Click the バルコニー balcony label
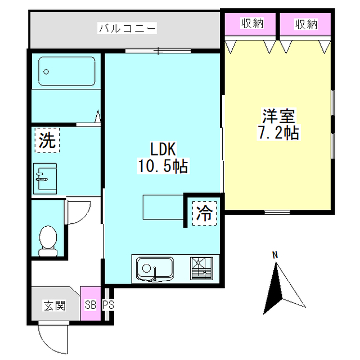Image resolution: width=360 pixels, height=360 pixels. [127, 29]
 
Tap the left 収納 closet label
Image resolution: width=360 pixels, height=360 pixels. [252, 23]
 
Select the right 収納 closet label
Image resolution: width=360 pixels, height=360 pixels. [306, 24]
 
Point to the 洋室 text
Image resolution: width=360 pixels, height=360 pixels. [278, 116]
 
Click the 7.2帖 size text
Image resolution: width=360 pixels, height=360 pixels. [278, 133]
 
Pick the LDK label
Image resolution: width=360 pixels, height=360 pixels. [163, 149]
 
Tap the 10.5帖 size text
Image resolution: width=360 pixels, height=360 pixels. [163, 166]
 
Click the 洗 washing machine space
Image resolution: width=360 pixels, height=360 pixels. [47, 140]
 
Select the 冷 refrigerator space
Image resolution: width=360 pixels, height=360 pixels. [204, 213]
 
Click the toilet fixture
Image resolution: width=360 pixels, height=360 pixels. [48, 241]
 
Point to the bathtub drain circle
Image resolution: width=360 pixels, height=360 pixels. [46, 72]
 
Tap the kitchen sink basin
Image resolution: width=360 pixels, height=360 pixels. [155, 269]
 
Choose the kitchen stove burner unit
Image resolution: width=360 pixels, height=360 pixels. [201, 268]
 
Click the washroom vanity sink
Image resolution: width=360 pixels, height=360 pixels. [45, 179]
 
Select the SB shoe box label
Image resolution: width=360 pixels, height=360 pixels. [91, 305]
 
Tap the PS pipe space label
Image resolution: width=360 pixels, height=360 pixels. [108, 305]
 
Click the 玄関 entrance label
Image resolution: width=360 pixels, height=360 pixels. [55, 305]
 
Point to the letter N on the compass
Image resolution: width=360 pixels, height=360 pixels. [275, 255]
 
